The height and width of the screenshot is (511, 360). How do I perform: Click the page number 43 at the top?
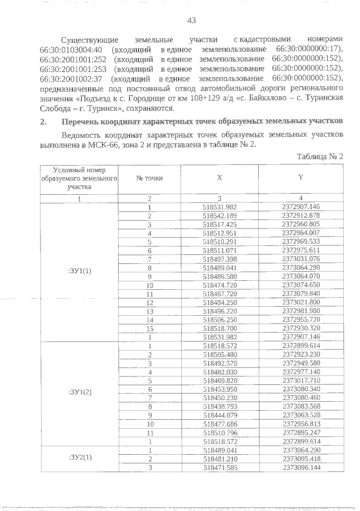(191, 20)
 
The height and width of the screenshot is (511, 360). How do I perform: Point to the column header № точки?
(150, 177)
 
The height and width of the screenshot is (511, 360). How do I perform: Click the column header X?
(219, 177)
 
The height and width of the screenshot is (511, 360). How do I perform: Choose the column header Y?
(300, 177)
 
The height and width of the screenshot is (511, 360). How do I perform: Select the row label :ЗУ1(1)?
(79, 270)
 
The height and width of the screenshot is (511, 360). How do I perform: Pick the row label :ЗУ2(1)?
(79, 457)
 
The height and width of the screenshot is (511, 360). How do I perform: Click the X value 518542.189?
(219, 216)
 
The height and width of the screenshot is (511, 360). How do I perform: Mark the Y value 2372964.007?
(300, 232)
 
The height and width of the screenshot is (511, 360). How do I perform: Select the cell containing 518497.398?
(219, 258)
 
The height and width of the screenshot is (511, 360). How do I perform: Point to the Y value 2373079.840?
(300, 293)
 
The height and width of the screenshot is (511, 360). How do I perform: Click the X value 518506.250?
(219, 319)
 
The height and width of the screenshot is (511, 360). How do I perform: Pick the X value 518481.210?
(219, 458)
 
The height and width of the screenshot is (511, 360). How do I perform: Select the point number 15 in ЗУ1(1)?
(150, 328)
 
